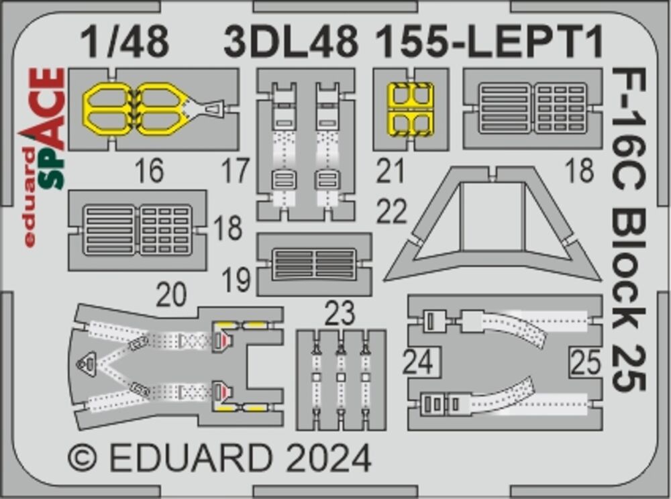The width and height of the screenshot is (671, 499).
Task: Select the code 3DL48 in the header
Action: pos(291,43)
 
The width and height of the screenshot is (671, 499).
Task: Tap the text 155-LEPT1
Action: pos(488,43)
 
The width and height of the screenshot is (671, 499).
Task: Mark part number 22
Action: pos(391,213)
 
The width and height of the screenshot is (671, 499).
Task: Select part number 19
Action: pos(236,280)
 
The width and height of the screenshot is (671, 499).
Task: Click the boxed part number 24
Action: pos(419,363)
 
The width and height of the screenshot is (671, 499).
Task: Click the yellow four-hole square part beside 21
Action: pos(411,109)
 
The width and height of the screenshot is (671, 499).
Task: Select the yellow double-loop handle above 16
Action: pos(138,108)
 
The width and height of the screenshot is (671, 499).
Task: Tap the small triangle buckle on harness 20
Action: pos(86,363)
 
